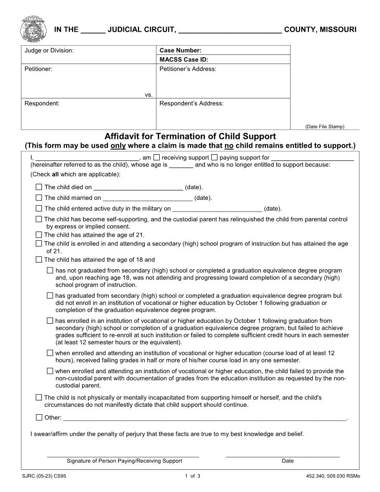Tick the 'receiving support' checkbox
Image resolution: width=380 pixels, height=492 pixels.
[156, 157]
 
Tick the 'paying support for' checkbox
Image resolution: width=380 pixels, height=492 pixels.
[214, 157]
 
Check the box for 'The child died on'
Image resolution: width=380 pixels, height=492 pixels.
[39, 187]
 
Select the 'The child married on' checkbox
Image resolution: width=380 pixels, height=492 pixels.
[39, 198]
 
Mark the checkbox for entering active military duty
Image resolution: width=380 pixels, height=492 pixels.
[39, 208]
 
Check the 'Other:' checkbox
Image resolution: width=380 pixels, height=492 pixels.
[39, 417]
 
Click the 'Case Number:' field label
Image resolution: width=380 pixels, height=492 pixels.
[180, 50]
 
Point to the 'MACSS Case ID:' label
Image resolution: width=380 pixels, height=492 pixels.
[183, 59]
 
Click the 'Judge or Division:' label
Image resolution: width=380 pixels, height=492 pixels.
[49, 50]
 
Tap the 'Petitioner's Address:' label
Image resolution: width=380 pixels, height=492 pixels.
[188, 69]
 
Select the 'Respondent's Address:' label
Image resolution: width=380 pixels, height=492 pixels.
[191, 103]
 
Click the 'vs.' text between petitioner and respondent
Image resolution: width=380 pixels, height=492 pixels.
[149, 95]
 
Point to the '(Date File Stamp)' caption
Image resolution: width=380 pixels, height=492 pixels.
[325, 126]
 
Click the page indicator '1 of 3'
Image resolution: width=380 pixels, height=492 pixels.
[192, 476]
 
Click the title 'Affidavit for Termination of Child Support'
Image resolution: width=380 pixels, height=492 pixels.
[190, 137]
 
